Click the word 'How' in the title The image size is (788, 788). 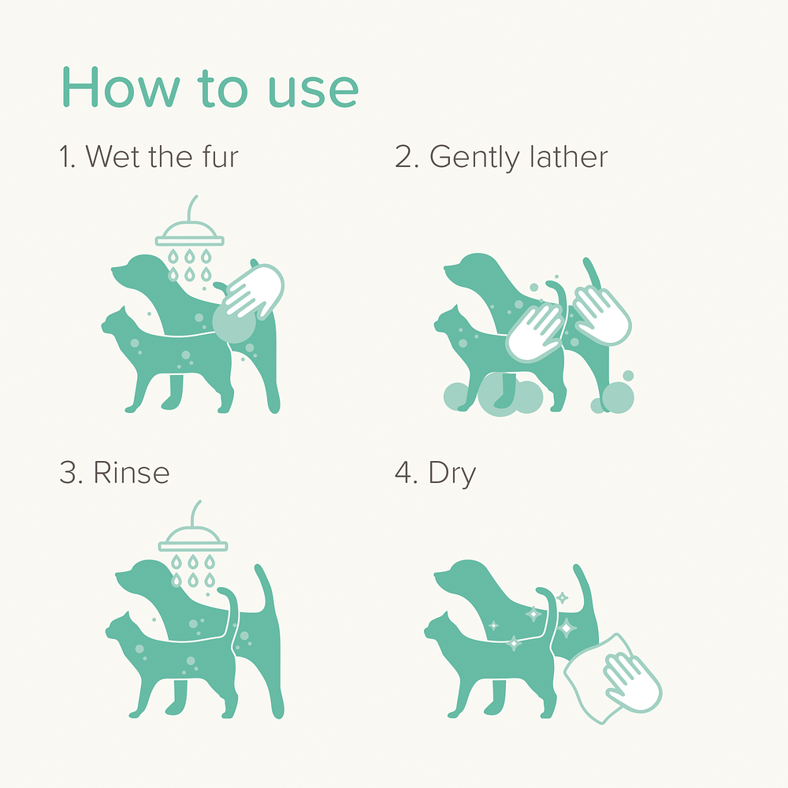(121, 87)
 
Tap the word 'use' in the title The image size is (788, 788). (314, 91)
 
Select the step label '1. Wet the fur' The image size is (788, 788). (149, 156)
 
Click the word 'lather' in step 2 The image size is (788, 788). (569, 156)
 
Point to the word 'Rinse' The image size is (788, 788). (132, 472)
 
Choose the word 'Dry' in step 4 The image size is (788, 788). (452, 474)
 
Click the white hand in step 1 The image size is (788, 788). (254, 291)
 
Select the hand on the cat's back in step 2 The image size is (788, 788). (534, 333)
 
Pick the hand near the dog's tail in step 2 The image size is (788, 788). (601, 316)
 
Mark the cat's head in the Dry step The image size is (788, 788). (439, 627)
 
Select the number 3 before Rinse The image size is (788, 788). (68, 473)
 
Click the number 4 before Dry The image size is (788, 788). (403, 473)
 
